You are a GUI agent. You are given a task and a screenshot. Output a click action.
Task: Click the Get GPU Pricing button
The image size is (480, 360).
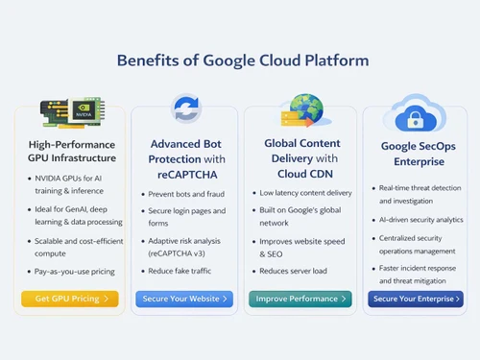coord(70,299)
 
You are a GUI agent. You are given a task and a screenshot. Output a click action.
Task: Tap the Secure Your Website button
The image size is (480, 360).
coord(184,299)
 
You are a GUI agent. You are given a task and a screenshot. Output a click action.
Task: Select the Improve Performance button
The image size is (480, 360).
coord(299,299)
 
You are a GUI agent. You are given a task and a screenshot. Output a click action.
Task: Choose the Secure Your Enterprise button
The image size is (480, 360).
coord(415,299)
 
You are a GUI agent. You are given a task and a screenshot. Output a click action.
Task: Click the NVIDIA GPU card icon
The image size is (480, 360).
coord(69,111)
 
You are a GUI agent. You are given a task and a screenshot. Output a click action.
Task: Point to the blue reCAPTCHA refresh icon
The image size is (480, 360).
coord(185,108)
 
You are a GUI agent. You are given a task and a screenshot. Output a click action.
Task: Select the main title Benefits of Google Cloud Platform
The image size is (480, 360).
coord(242,60)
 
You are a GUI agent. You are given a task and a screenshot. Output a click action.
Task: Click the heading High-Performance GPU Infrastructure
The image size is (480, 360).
coord(72,151)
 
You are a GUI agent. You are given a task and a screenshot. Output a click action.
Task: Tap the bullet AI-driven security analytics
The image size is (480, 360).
coord(419,219)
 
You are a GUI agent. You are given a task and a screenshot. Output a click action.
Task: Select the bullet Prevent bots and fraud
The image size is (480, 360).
coord(184,195)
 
